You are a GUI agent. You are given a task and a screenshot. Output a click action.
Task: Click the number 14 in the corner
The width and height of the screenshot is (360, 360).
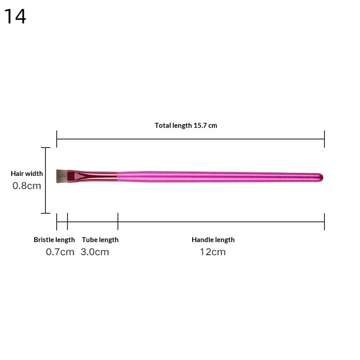tap(15, 16)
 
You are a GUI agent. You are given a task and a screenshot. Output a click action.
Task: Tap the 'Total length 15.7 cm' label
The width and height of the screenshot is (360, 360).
tap(186, 126)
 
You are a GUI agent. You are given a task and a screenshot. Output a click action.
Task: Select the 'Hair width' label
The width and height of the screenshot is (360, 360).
tap(27, 173)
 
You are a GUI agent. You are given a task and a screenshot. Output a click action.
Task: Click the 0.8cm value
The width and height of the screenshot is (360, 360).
tap(27, 186)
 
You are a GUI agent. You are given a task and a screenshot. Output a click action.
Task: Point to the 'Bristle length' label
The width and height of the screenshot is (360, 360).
tap(54, 240)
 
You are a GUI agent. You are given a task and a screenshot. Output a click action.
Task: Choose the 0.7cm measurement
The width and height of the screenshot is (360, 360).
tap(60, 252)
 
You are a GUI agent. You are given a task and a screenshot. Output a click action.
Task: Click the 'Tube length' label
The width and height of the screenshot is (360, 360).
tap(100, 240)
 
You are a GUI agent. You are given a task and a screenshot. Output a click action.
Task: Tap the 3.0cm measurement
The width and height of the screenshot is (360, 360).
tap(94, 252)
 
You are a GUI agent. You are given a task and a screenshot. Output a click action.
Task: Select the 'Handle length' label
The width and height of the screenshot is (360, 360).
tap(213, 240)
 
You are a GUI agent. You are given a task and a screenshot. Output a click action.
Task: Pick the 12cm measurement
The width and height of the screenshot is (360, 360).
tap(213, 252)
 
